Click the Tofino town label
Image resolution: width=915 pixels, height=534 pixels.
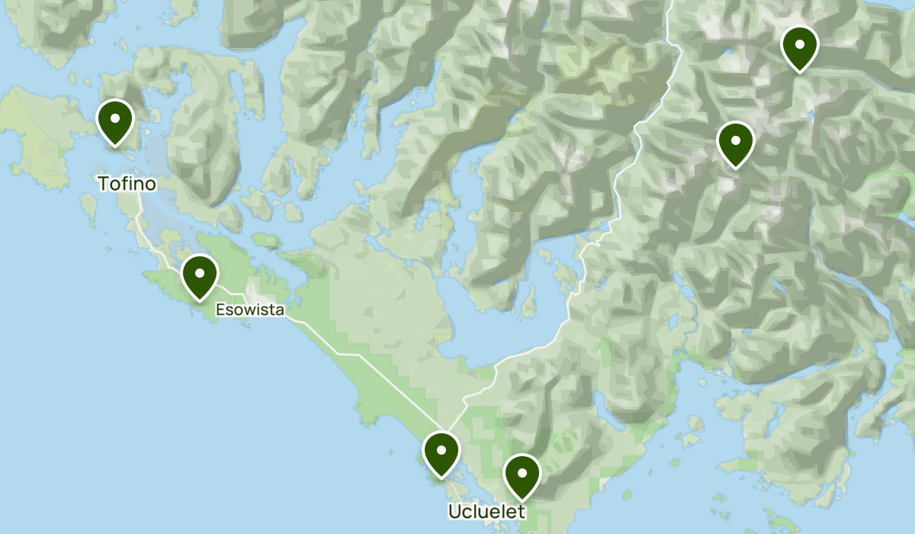(127, 184)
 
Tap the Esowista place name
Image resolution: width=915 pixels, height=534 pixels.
(249, 310)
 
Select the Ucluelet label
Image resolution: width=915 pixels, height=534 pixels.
(486, 510)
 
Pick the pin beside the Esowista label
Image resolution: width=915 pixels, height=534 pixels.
(199, 275)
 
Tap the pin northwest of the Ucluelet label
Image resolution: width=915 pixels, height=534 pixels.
(441, 453)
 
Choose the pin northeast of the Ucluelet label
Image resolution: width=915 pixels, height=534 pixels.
(522, 476)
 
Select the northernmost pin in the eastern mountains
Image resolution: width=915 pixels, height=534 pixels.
(799, 47)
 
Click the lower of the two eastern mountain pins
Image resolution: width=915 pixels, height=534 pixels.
(735, 143)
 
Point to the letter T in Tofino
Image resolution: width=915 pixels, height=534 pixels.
(103, 184)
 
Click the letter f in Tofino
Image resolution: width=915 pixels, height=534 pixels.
(121, 184)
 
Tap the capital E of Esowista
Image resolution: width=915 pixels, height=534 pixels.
(220, 310)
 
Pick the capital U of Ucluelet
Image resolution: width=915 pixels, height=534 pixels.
(454, 510)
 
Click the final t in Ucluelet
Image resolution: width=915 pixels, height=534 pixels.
(522, 510)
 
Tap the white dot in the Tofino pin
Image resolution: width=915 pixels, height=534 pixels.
(115, 118)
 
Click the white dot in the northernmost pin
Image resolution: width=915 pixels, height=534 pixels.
(799, 43)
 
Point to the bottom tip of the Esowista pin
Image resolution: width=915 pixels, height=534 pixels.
(199, 299)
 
